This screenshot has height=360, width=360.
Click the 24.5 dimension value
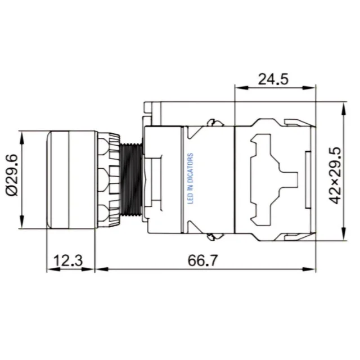273,79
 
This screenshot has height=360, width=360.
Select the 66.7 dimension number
202,260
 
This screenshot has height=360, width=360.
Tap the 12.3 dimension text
68,260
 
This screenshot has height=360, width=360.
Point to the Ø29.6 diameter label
12,175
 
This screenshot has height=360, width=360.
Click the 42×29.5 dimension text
335,175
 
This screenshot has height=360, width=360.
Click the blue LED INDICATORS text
191,178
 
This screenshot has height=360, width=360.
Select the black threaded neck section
131,179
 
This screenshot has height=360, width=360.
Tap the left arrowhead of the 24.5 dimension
241,88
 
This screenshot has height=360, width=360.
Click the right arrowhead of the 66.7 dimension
309,269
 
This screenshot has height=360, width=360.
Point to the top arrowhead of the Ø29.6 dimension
22,138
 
